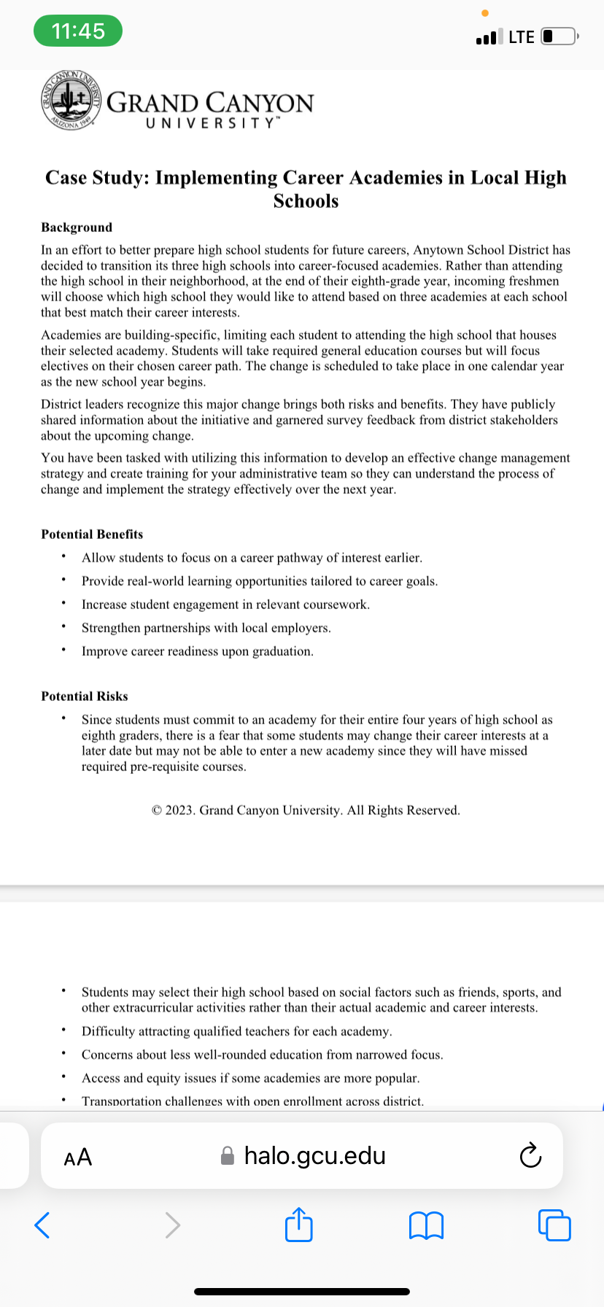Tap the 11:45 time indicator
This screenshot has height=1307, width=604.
coord(78,31)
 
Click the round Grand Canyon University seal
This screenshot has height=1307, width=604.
coord(70,101)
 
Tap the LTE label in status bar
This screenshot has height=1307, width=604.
coord(521,37)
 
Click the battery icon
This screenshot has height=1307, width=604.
coord(559,36)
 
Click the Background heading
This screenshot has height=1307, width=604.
coord(77,228)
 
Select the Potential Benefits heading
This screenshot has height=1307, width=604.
coord(92,535)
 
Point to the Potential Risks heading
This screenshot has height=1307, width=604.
coord(85,697)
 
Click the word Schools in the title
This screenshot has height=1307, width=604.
coord(306,201)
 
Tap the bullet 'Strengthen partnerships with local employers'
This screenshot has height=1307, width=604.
coord(206,628)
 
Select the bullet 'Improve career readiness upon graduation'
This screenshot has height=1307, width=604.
coord(198,651)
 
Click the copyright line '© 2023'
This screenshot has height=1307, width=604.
coord(306,810)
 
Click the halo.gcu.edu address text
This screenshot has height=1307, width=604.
coord(314,1156)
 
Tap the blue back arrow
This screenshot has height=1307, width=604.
coord(42,1225)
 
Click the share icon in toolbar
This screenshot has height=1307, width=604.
coord(299,1225)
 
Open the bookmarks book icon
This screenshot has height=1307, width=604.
coord(426,1225)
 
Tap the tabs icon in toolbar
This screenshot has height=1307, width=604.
coord(554,1225)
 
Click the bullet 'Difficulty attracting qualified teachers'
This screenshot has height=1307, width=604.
coord(237,1031)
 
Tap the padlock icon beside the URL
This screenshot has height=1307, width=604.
coord(228,1156)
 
